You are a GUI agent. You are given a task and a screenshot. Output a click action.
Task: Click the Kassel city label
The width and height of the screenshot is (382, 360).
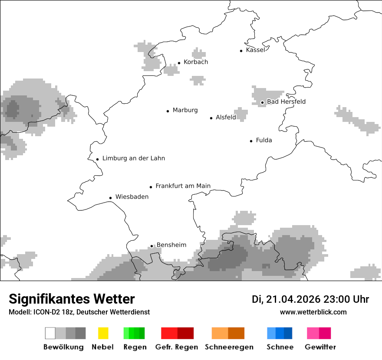(x=255, y=50)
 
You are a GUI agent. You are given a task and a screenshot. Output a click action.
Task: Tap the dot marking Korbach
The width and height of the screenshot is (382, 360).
(x=179, y=63)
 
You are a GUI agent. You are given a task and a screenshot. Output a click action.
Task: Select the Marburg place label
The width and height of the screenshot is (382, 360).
(x=185, y=110)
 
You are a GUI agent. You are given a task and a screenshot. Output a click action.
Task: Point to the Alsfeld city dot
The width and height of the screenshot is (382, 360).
(x=211, y=118)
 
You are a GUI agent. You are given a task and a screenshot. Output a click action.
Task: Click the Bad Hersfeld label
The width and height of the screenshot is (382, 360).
(x=286, y=101)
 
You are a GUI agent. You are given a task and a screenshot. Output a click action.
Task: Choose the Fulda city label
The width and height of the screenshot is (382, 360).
(x=264, y=140)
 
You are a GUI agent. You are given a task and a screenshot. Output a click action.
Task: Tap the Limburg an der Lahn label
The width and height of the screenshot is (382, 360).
(x=134, y=158)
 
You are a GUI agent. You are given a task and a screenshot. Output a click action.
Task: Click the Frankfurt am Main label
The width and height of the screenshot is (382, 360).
(x=183, y=186)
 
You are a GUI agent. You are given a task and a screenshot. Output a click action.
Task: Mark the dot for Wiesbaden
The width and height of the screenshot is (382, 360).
(x=110, y=198)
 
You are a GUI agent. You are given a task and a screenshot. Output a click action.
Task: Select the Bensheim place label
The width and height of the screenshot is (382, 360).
(x=171, y=245)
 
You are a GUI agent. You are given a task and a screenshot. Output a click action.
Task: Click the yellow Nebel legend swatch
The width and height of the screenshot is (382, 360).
(x=103, y=333)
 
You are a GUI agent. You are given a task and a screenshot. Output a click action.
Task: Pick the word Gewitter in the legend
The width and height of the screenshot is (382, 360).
(x=320, y=347)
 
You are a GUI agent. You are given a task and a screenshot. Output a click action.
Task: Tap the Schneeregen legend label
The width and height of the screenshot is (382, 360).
(x=228, y=347)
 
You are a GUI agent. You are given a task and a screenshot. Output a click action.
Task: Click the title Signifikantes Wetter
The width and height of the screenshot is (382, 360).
(x=72, y=299)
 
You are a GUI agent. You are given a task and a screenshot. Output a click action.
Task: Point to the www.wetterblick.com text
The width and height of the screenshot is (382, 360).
(x=313, y=312)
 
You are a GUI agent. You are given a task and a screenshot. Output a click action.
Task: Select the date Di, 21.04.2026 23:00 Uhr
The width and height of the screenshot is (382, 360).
(x=310, y=299)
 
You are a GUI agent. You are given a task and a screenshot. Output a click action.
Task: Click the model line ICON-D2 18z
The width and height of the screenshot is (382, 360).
(x=79, y=312)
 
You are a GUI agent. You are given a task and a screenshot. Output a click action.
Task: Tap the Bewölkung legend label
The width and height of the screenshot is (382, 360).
(x=63, y=347)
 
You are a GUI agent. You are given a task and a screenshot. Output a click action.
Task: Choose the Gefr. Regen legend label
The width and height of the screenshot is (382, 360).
(x=177, y=347)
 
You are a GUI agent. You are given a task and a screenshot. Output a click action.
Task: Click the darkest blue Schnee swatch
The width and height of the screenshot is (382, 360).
(x=288, y=333)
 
